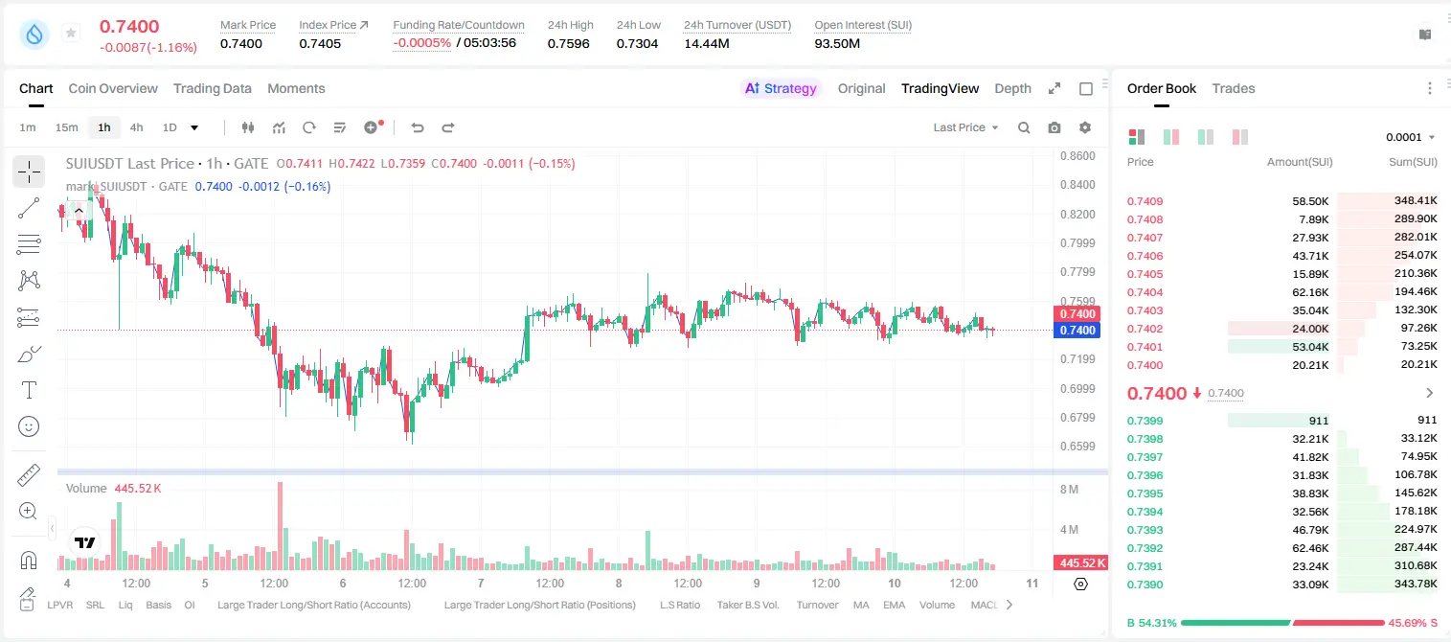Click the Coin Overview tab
point(113,88)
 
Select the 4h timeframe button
point(136,127)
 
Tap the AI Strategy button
point(781,88)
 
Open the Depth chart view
point(1012,88)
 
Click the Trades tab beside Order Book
point(1234,88)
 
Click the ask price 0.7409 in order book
point(1145,201)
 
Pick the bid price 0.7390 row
point(1145,585)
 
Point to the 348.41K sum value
point(1416,201)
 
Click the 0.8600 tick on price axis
point(1077,156)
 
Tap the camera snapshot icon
point(1054,127)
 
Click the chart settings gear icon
point(1085,127)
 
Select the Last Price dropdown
point(965,127)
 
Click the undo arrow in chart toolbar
point(418,127)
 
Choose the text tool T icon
point(29,390)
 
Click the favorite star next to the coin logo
point(71,33)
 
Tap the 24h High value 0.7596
point(568,43)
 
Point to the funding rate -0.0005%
point(421,43)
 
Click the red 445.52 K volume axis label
point(1079,563)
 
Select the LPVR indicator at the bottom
point(60,605)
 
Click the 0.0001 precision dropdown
point(1410,137)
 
